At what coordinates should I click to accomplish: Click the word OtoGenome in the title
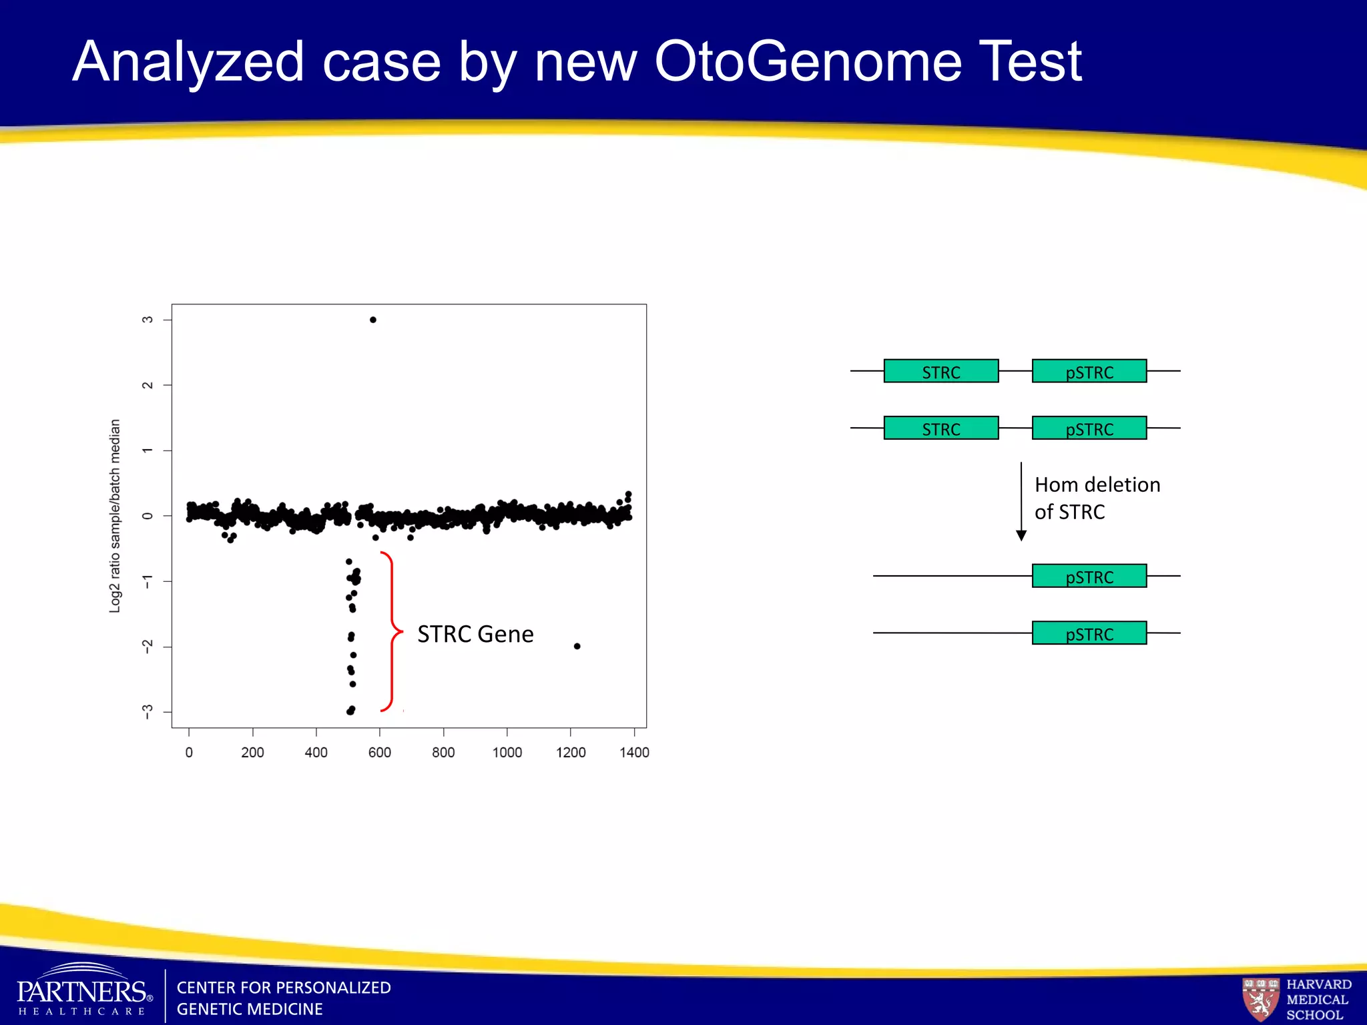point(808,61)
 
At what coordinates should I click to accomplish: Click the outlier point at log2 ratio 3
point(373,320)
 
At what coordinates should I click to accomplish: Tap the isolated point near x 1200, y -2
point(577,646)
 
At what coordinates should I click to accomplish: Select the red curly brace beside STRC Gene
point(392,631)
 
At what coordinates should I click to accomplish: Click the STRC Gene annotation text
point(475,634)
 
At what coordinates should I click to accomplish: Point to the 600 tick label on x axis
point(380,753)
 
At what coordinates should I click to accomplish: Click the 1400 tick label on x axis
point(634,753)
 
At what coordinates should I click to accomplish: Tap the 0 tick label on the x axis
point(189,753)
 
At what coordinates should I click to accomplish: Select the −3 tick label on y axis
point(148,712)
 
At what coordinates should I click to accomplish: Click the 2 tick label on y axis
point(148,385)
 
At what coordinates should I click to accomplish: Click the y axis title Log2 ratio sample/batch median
point(115,516)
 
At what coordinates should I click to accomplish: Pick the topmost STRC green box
point(941,371)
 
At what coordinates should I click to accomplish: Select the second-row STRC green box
point(941,428)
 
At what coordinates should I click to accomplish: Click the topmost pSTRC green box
point(1089,371)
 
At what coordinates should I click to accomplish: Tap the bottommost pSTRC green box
point(1089,633)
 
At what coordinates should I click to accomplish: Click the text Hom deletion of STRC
point(1097,498)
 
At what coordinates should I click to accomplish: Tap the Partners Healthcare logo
point(83,992)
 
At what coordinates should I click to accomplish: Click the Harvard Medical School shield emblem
point(1260,998)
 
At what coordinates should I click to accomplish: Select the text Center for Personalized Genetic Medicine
point(284,998)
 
